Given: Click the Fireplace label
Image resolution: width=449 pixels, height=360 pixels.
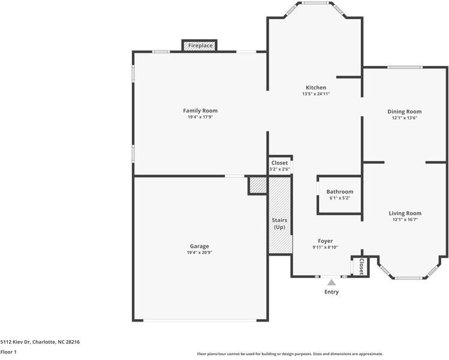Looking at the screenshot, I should (199, 46).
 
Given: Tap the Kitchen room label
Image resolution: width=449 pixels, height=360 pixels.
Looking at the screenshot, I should (316, 88).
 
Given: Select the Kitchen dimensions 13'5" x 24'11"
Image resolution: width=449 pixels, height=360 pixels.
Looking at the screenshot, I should (316, 94).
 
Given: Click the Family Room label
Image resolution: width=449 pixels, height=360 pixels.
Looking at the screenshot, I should (200, 110).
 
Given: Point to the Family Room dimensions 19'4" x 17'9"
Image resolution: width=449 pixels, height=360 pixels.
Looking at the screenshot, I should (200, 117).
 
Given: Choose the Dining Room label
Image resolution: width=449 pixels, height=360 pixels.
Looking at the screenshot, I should (404, 112).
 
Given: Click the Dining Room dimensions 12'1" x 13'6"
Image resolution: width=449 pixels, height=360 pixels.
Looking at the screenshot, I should (404, 118).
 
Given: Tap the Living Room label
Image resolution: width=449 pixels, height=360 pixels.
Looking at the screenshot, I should (405, 213).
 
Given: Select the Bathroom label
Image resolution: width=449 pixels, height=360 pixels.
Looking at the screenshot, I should (340, 191).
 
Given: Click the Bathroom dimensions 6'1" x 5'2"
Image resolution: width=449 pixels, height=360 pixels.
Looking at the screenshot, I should (340, 198).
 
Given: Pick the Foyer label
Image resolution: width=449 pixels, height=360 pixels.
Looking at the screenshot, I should (326, 241).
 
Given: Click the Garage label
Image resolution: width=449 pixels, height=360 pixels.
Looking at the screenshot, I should (200, 246).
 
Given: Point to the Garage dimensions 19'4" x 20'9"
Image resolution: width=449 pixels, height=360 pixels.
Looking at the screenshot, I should (200, 253).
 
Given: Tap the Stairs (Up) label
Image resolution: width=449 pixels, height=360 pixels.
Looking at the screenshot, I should (279, 224).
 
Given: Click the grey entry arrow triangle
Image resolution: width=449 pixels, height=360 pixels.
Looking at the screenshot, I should (332, 282).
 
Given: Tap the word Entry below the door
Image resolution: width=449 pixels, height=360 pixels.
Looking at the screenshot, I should (332, 292).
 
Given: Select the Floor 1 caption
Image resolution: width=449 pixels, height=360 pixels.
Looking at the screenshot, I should (8, 352).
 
